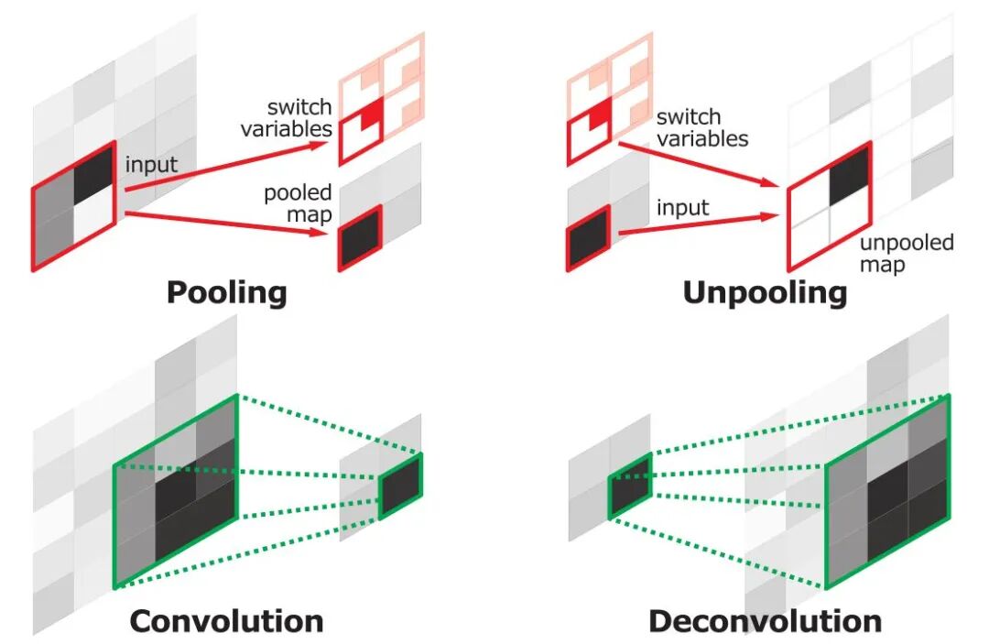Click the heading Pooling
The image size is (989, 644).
[x=226, y=292]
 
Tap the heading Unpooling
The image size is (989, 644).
[x=765, y=292]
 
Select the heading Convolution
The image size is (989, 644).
[x=226, y=621]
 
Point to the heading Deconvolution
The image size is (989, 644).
[x=765, y=621]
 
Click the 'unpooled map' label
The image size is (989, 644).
[x=907, y=254]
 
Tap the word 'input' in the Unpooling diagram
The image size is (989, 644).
[x=682, y=207]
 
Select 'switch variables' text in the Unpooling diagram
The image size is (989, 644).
[x=701, y=127]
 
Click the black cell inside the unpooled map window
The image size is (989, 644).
[x=848, y=184]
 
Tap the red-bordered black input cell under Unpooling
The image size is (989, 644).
[x=589, y=238]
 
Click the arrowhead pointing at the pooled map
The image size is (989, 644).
[x=322, y=234]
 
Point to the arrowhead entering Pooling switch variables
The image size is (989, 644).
[x=323, y=146]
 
